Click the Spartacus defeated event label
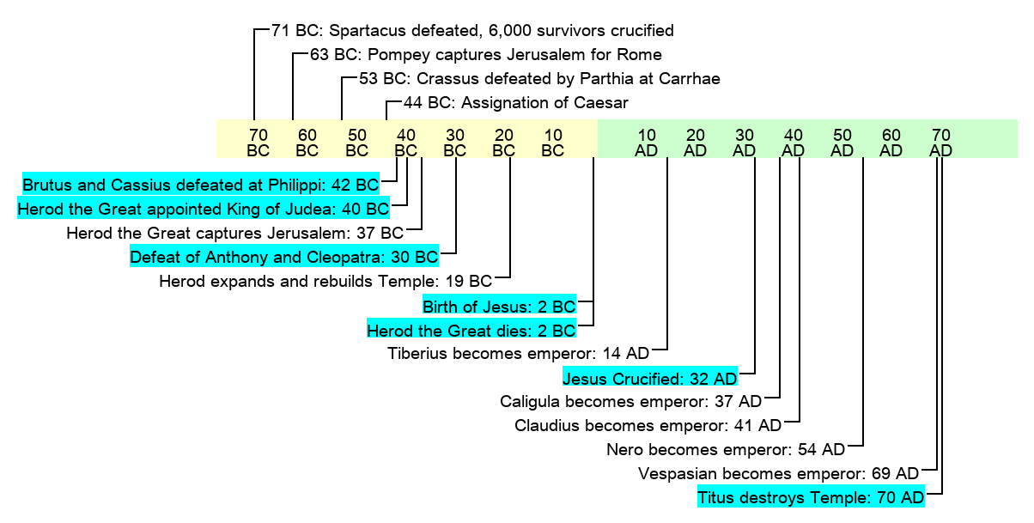tap(471, 31)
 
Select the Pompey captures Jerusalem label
tap(485, 55)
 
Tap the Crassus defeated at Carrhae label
tap(539, 79)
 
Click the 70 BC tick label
tap(258, 143)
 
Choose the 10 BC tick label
tap(553, 143)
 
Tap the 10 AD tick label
tap(648, 143)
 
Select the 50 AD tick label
tap(843, 143)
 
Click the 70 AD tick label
tap(941, 143)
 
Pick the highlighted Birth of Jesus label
tap(498, 306)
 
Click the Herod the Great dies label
tap(471, 330)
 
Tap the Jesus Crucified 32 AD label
tap(649, 378)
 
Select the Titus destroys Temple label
tap(811, 497)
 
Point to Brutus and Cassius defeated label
tap(200, 185)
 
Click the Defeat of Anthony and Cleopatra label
tap(283, 257)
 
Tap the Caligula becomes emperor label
tap(630, 401)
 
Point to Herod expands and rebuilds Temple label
tap(325, 281)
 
